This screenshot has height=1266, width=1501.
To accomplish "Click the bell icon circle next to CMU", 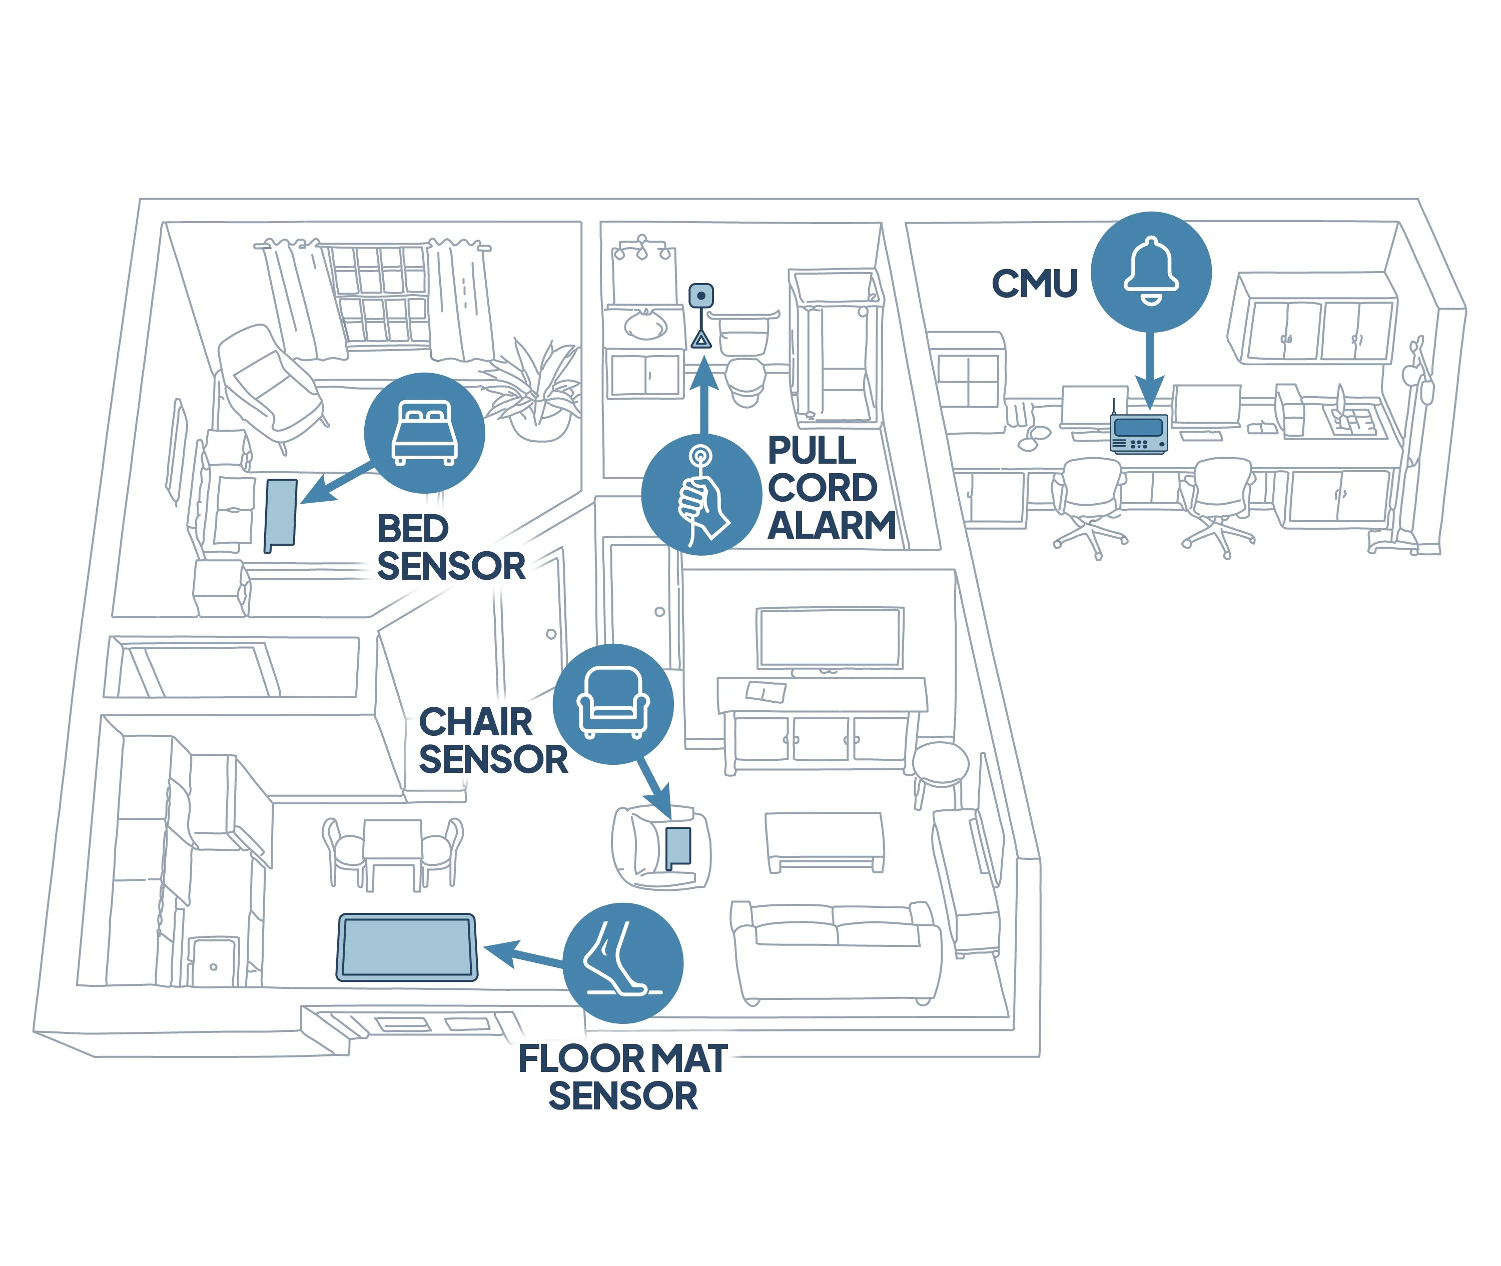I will click(x=1151, y=272).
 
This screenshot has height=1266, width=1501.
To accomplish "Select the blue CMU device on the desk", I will click(x=1139, y=434).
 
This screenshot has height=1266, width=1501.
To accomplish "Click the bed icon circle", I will click(x=424, y=433).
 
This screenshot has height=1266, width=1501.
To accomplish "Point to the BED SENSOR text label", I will click(x=451, y=548).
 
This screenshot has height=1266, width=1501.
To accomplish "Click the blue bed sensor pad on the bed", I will click(x=281, y=513).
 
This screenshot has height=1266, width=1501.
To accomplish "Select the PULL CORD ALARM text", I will click(x=831, y=489).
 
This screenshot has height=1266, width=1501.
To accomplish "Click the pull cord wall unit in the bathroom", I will click(x=700, y=296).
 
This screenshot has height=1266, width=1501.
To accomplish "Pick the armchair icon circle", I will click(x=613, y=704).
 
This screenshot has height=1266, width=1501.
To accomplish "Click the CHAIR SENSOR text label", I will click(x=493, y=741).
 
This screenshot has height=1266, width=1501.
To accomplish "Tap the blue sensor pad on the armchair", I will click(x=678, y=846).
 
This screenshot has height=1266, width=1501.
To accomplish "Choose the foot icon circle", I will click(x=623, y=963).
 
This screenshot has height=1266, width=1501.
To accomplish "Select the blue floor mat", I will click(x=407, y=947).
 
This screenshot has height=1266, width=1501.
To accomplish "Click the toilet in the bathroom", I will click(x=745, y=377).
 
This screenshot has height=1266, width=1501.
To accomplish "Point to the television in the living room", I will click(x=830, y=637).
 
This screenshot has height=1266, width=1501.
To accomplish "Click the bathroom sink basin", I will click(x=645, y=327).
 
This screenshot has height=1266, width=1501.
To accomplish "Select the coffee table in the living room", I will click(x=824, y=840).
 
